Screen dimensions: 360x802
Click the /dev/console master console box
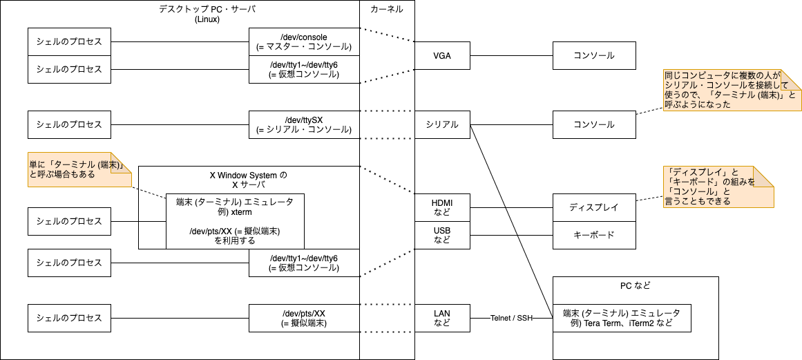pyautogui.click(x=304, y=41)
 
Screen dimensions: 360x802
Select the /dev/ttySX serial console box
pyautogui.click(x=304, y=124)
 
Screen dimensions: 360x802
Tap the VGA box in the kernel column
pyautogui.click(x=442, y=55)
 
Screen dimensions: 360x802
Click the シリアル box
pyautogui.click(x=442, y=124)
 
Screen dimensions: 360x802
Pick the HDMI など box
pyautogui.click(x=442, y=207)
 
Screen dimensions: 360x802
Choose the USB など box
pyautogui.click(x=442, y=235)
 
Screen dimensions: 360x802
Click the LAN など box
pyautogui.click(x=442, y=318)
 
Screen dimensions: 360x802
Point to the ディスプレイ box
pyautogui.click(x=594, y=207)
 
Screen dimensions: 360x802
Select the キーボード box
pyautogui.click(x=594, y=235)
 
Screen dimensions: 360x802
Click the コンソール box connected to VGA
pyautogui.click(x=594, y=55)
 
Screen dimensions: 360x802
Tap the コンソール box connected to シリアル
pyautogui.click(x=594, y=124)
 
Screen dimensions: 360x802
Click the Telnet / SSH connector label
pyautogui.click(x=511, y=318)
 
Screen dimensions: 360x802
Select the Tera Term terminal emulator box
pyautogui.click(x=622, y=318)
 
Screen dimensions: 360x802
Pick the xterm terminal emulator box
pyautogui.click(x=235, y=221)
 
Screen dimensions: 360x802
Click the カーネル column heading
pyautogui.click(x=387, y=9)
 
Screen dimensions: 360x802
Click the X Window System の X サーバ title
pyautogui.click(x=248, y=180)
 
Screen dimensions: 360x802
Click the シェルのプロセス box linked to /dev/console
pyautogui.click(x=69, y=41)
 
